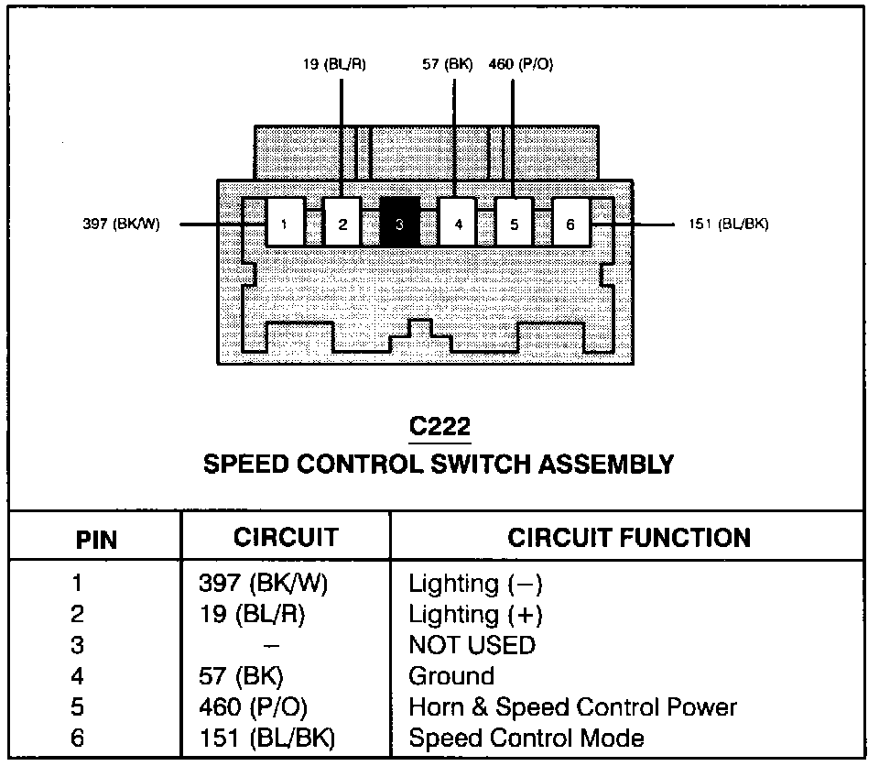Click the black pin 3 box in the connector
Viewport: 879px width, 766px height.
click(400, 223)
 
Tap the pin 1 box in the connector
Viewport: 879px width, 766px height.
click(286, 223)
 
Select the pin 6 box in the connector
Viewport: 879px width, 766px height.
click(570, 223)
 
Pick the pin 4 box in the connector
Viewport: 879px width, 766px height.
click(457, 223)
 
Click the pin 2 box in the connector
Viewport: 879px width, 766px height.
click(342, 223)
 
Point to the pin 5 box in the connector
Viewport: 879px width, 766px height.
click(514, 223)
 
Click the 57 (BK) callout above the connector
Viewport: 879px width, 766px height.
click(447, 65)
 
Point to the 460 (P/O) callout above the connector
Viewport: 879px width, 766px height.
click(520, 65)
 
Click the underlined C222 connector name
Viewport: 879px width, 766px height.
click(439, 427)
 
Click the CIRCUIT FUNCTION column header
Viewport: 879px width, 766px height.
click(629, 537)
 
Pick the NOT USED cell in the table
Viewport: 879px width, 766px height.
click(472, 645)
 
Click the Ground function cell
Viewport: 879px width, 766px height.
click(451, 676)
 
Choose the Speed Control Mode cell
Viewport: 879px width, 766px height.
click(526, 738)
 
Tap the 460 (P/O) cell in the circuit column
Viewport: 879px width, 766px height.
click(253, 707)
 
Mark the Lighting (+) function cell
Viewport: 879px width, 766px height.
click(475, 614)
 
